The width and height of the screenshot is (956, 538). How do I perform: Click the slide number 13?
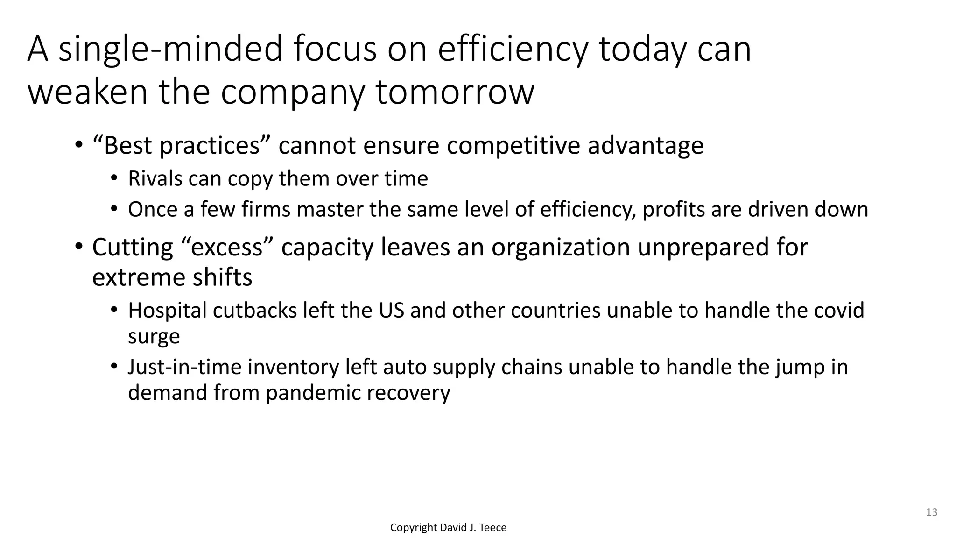coord(931,512)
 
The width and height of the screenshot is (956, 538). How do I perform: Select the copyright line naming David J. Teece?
coord(448,528)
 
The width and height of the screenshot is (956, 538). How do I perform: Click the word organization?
coord(560,247)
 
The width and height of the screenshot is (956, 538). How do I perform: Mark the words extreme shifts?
coord(172,278)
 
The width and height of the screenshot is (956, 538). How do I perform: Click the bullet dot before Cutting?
coord(78,246)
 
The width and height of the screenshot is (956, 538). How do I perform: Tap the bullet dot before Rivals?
coord(114,178)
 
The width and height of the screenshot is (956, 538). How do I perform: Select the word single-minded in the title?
coord(170,50)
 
